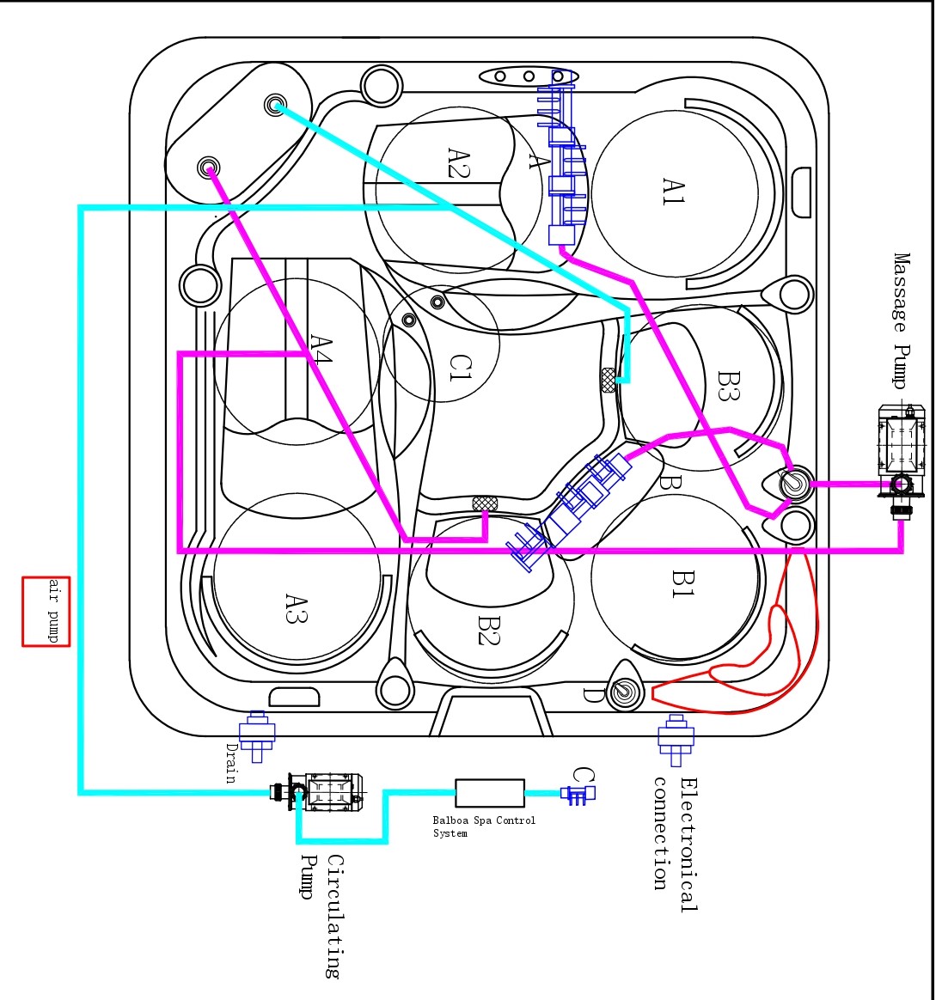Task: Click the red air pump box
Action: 46,611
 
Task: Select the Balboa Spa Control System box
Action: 489,793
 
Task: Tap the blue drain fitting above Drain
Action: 257,734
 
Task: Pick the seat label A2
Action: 457,162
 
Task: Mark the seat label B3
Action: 730,386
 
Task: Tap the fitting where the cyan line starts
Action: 276,105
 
